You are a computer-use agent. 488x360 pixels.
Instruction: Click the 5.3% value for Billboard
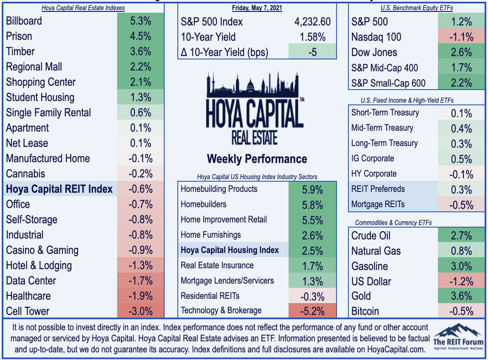141,21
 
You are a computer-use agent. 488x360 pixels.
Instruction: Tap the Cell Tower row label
28,311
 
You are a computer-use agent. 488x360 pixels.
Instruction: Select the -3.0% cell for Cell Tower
141,311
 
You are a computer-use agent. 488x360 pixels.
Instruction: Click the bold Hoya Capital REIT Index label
59,189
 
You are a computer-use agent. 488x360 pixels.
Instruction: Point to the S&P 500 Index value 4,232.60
312,22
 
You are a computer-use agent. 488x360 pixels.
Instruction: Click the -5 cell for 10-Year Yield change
312,52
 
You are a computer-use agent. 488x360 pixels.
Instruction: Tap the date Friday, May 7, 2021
257,8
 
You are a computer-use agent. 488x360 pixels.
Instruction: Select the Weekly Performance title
257,159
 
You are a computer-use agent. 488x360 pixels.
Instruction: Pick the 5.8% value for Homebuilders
312,205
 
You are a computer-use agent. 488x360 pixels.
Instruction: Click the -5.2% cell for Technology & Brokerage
312,311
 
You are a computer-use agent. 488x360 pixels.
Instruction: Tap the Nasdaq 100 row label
376,37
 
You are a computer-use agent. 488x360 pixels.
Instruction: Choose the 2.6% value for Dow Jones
462,52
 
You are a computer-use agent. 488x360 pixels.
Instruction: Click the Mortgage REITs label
378,204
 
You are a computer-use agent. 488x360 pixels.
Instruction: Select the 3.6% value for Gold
462,296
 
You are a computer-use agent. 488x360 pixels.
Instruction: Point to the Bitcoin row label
365,311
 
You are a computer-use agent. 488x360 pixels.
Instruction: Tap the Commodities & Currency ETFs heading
393,222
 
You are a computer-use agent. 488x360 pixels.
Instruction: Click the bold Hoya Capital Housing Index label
230,250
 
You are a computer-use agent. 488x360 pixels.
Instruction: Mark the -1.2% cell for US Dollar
462,281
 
